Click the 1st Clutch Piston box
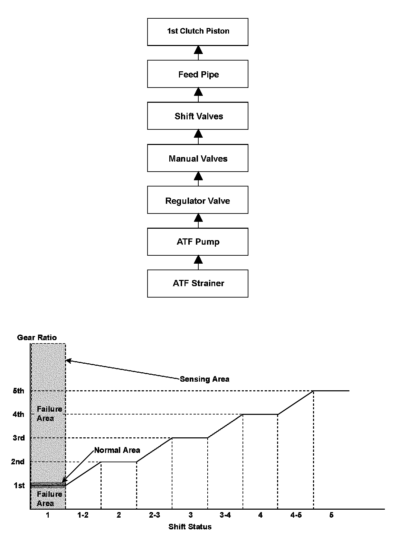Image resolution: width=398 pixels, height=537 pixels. [198, 32]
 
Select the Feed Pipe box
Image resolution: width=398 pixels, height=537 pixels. [198, 74]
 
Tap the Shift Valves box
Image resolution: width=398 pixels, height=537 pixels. [198, 116]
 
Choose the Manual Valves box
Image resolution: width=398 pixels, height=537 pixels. [198, 158]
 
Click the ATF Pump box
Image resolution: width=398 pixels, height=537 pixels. [198, 242]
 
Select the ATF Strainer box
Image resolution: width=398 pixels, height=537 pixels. [198, 283]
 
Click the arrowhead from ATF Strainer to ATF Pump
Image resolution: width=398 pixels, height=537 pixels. [198, 260]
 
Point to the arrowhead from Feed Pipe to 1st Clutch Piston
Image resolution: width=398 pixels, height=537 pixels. [198, 50]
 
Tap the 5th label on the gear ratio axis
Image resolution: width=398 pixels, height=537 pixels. [19, 391]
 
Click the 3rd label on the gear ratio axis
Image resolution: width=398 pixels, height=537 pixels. [19, 438]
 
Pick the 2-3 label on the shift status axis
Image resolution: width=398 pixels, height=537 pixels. [154, 515]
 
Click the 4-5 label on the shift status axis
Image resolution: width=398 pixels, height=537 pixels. [296, 515]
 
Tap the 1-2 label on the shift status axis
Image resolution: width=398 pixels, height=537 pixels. [83, 515]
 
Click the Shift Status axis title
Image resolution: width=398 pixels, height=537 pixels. [190, 527]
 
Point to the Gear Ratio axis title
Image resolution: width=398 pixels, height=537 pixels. [37, 337]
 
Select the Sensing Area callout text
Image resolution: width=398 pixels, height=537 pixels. [205, 379]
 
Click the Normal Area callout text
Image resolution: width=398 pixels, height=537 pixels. [117, 450]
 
